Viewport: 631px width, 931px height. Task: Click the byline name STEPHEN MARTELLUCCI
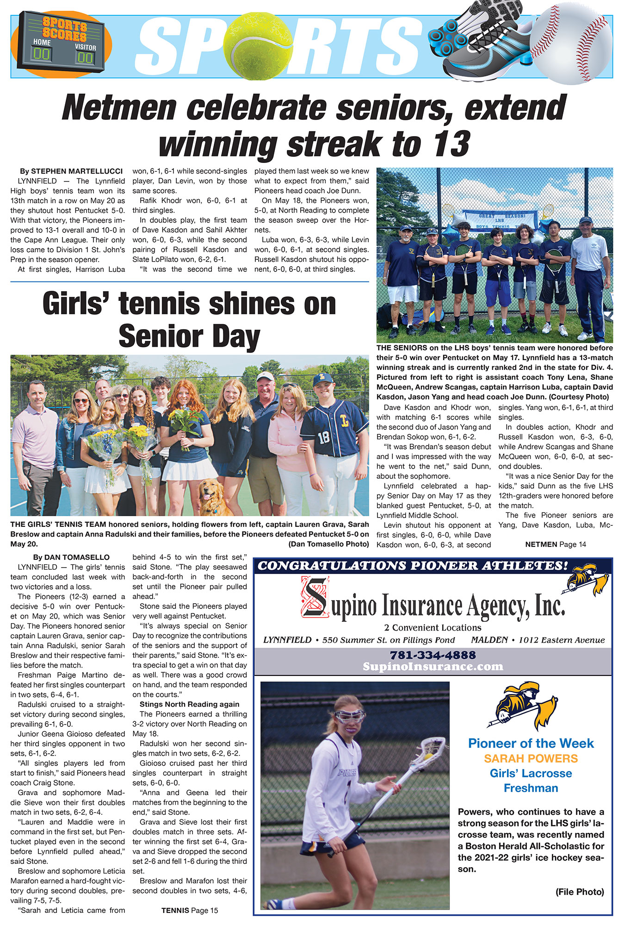point(77,171)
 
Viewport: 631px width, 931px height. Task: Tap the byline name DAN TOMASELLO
point(77,557)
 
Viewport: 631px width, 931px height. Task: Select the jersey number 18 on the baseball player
point(323,437)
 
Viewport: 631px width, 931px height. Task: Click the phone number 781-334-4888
point(433,655)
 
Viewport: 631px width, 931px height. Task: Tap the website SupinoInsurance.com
point(433,667)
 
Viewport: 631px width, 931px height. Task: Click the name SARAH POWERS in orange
point(531,758)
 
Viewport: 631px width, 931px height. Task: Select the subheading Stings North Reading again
point(190,704)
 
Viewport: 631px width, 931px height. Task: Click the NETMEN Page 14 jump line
point(555,544)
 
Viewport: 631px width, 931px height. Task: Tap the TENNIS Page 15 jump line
point(190,910)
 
